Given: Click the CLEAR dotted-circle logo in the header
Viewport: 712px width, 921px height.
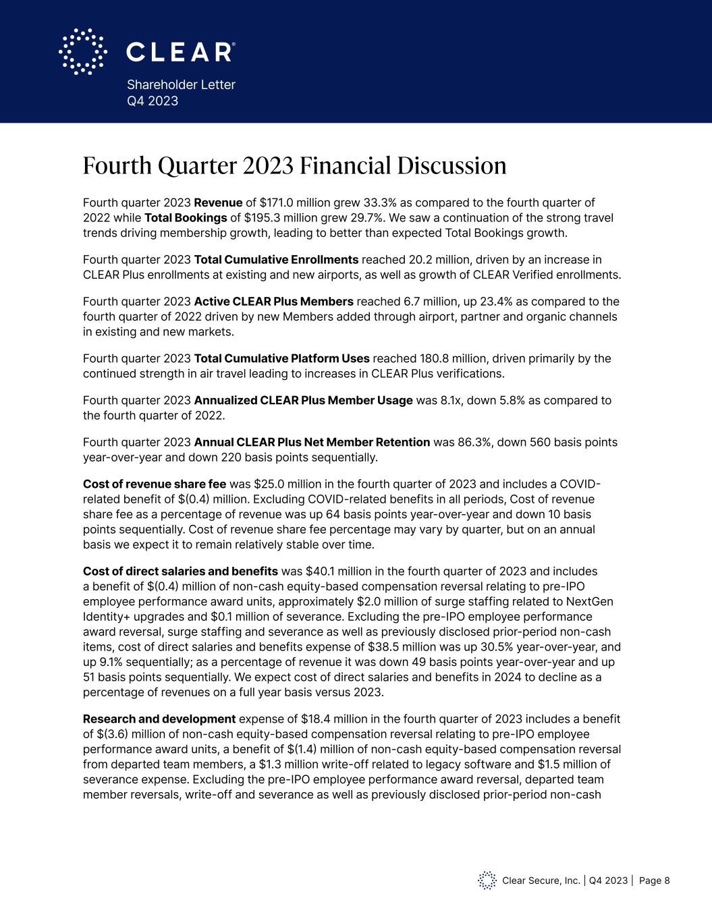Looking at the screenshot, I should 82,51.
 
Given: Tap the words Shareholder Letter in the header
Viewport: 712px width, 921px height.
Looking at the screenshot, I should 181,85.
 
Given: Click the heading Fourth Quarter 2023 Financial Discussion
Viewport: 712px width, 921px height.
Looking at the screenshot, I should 294,166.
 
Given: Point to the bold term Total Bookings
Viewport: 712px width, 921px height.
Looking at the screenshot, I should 186,218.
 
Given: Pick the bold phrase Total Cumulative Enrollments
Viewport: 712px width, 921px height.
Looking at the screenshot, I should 276,260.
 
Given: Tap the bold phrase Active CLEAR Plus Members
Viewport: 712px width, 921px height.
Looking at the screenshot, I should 273,301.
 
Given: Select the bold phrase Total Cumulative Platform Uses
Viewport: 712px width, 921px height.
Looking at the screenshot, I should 281,358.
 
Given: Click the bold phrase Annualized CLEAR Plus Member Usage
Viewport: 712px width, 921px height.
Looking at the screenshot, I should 303,400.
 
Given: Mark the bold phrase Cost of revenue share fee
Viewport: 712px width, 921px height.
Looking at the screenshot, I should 155,484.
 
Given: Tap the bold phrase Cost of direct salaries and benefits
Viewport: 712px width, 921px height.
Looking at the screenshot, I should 180,571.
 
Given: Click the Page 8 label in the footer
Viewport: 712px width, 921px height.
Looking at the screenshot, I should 654,881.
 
